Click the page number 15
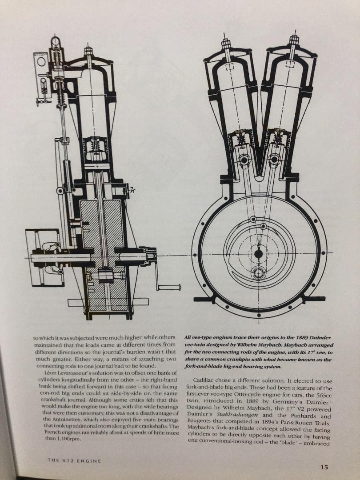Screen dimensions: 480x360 click(x=324, y=467)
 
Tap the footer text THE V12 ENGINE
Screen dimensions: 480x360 click(x=74, y=461)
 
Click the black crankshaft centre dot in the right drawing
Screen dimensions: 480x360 click(x=258, y=254)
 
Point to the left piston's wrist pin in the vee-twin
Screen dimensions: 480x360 click(x=243, y=160)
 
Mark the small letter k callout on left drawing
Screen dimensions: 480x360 click(x=132, y=190)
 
